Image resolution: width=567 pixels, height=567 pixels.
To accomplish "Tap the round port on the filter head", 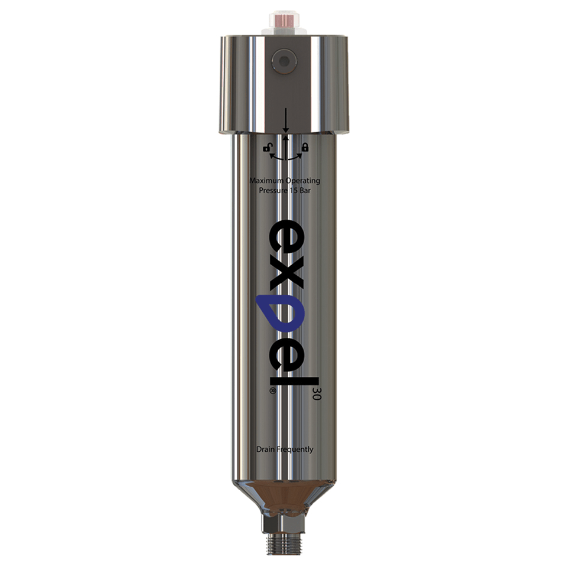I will pyautogui.click(x=284, y=61).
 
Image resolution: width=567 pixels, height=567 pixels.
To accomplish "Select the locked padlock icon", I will pyautogui.click(x=305, y=147).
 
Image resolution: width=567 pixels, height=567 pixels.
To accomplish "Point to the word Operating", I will pyautogui.click(x=304, y=181).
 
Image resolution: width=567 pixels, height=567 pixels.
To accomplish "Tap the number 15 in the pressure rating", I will pyautogui.click(x=293, y=190).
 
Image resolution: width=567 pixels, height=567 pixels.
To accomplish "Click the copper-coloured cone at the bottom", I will pyautogui.click(x=284, y=496).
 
